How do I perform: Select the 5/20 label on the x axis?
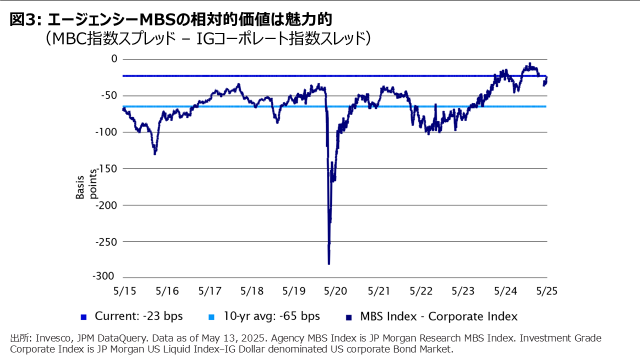[x=336, y=290]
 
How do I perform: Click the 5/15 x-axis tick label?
[x=123, y=290]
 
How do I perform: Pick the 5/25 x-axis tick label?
[x=547, y=290]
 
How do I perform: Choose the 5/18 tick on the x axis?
[x=251, y=290]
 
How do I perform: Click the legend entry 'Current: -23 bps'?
[x=138, y=316]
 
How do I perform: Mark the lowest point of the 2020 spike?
[x=329, y=263]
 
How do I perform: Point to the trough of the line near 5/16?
[x=155, y=153]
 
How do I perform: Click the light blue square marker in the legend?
[x=211, y=317]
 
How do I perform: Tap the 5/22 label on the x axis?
[x=420, y=290]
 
